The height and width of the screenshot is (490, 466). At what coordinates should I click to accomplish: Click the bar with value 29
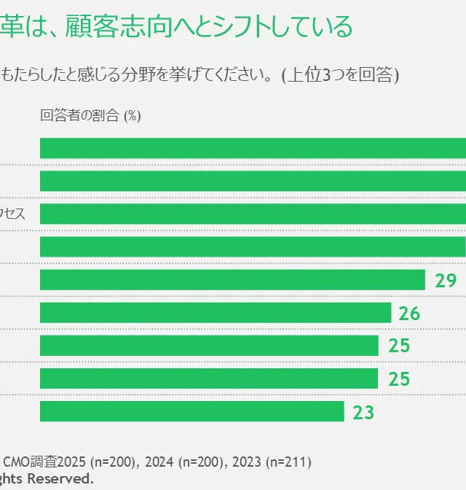pos(232,280)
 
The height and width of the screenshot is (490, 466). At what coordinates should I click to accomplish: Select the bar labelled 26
pos(216,313)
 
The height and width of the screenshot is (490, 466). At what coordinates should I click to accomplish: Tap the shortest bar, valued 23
pos(191,411)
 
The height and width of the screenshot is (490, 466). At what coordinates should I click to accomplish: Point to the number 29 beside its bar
pos(445,281)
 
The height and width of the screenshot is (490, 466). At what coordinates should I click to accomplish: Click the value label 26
pos(410,314)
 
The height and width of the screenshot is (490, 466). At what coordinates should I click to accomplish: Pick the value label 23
pos(363,412)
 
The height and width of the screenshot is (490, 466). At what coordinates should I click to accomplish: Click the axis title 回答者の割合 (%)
pos(90,115)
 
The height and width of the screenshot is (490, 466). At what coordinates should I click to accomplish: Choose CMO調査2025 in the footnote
pos(44,462)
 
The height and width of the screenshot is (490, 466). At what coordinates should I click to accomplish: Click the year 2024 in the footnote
pos(161,462)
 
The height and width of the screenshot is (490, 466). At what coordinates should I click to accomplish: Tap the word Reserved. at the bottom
pos(62,478)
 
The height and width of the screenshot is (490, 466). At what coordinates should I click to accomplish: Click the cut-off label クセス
pos(12,214)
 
